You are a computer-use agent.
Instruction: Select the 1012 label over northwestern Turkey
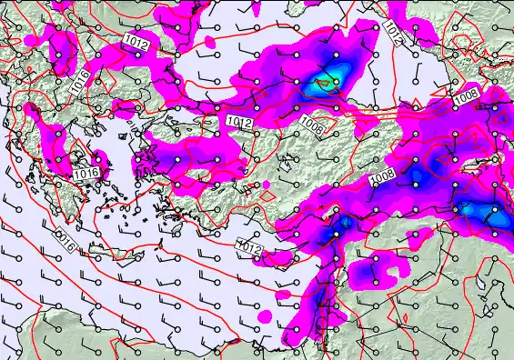pyautogui.click(x=238, y=121)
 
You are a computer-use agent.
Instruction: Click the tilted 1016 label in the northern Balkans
pyautogui.click(x=80, y=83)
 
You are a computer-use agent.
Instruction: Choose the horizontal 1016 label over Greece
pyautogui.click(x=86, y=173)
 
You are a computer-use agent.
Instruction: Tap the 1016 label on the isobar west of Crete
pyautogui.click(x=64, y=240)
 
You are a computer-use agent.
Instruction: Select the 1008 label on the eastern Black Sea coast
pyautogui.click(x=468, y=94)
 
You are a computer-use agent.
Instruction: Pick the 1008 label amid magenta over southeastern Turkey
pyautogui.click(x=382, y=179)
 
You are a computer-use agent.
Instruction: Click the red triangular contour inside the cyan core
pyautogui.click(x=320, y=86)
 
